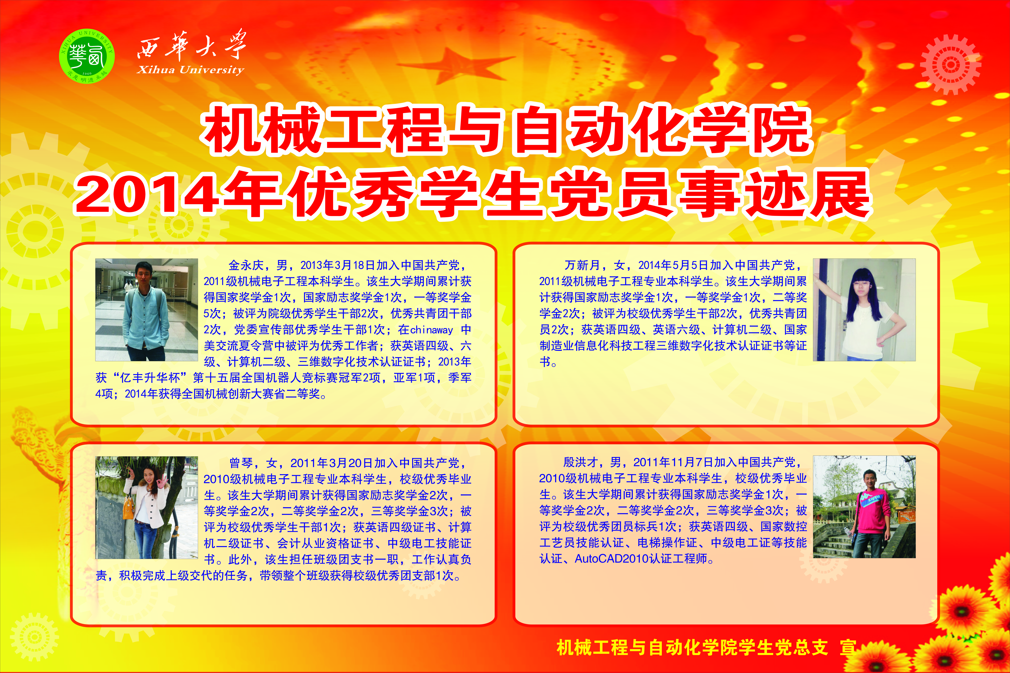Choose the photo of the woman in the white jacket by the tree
[146, 507]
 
